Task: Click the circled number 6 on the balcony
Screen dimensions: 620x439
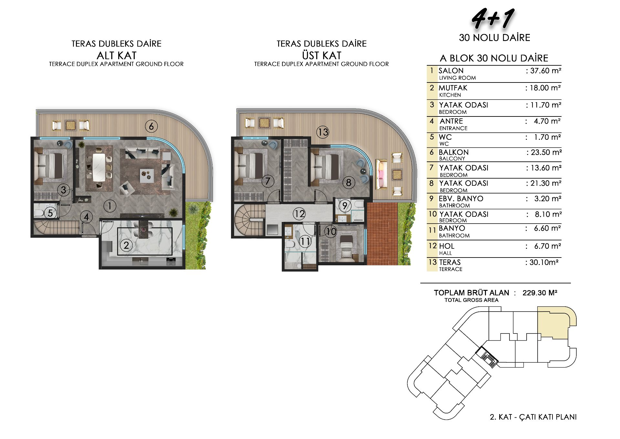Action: [151, 126]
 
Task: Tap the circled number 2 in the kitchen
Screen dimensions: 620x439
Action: [126, 245]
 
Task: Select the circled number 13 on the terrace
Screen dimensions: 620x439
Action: [323, 132]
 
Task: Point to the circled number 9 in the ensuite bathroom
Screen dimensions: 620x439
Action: [345, 206]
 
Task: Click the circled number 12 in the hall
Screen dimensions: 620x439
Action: [299, 214]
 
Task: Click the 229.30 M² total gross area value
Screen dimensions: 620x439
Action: [540, 293]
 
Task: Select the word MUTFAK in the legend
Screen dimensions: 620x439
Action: [453, 88]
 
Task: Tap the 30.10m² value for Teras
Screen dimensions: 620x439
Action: [544, 262]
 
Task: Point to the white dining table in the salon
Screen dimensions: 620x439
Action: [99, 167]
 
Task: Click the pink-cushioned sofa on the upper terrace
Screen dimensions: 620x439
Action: [381, 174]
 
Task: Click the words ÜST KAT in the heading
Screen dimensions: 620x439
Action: [322, 55]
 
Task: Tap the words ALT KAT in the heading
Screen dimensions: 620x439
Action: [117, 55]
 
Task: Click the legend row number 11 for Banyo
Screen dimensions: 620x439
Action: [432, 230]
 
